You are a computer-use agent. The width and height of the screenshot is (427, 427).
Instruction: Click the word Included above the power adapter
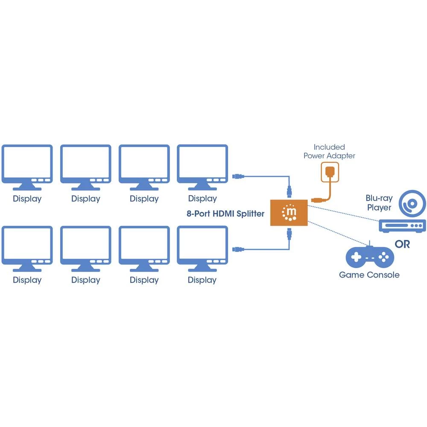(x=329, y=147)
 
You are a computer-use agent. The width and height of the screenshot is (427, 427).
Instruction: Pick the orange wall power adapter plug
(x=330, y=172)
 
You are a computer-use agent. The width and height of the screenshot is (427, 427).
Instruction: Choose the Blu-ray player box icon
(x=403, y=225)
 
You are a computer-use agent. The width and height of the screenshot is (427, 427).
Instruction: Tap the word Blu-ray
(x=379, y=199)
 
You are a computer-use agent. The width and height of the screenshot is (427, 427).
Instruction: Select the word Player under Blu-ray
(x=379, y=208)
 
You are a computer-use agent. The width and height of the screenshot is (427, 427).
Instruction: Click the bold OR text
(x=402, y=245)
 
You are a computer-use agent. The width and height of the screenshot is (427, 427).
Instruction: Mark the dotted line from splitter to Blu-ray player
(x=346, y=212)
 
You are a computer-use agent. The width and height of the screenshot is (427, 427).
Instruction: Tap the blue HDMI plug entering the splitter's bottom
(x=290, y=234)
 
